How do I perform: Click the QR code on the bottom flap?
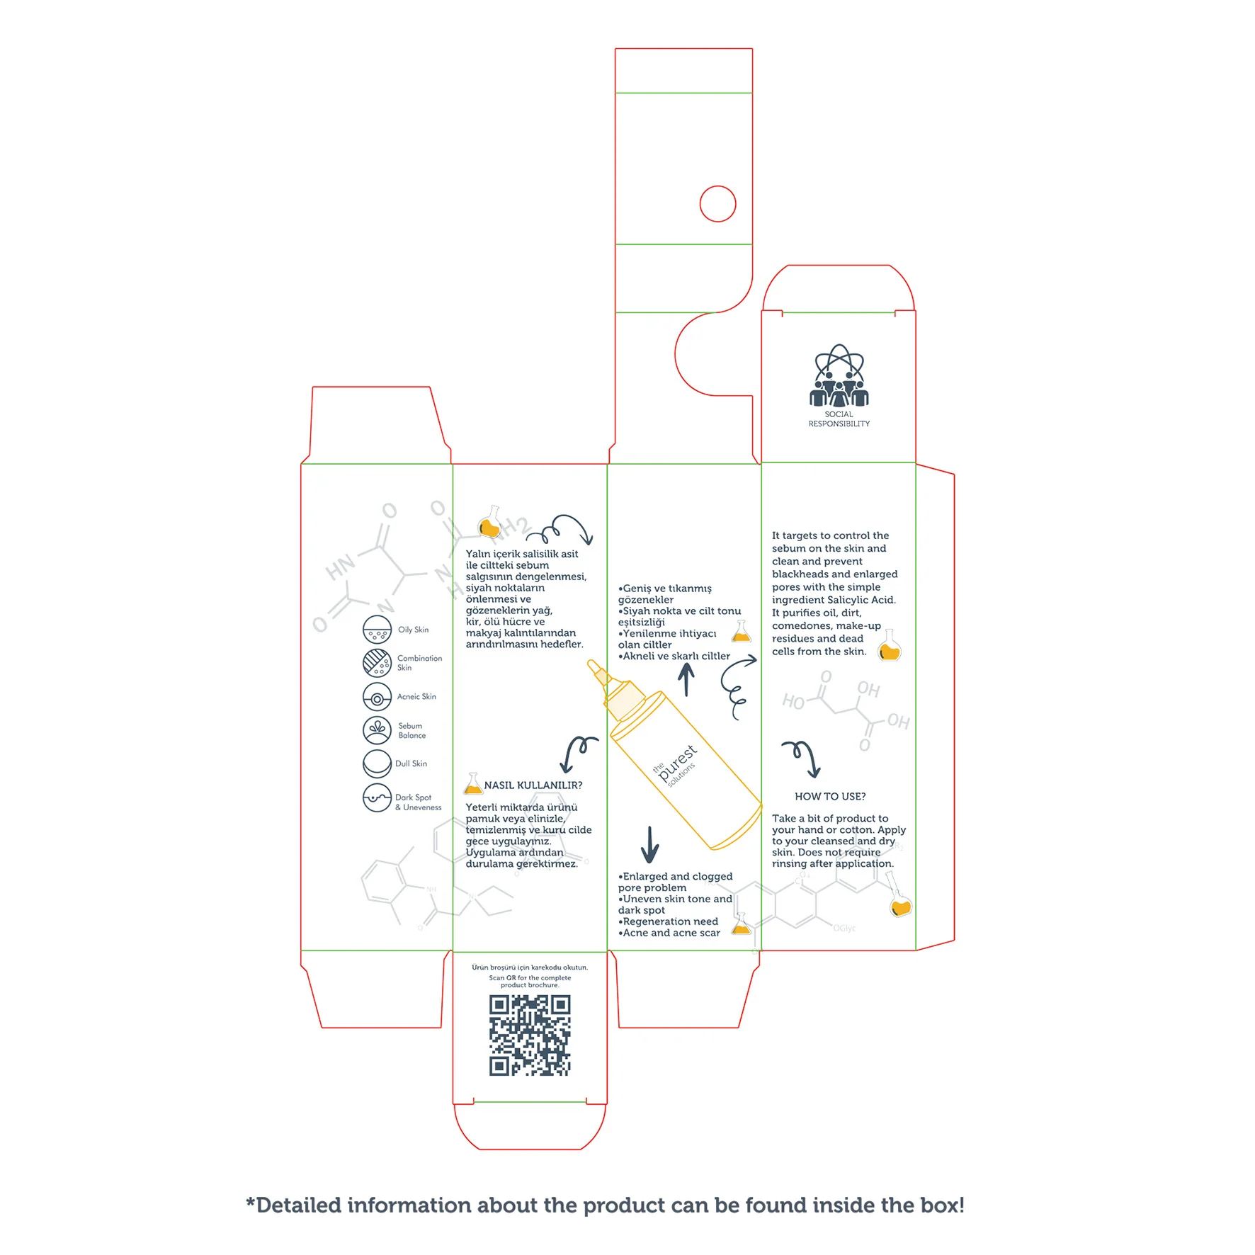click(529, 1035)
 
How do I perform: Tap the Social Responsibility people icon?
click(839, 377)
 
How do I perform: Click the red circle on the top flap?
click(717, 204)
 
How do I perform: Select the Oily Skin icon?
click(377, 629)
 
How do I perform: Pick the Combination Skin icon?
click(377, 662)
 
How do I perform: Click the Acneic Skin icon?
click(377, 697)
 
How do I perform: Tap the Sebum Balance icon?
click(377, 729)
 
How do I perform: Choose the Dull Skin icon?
click(377, 763)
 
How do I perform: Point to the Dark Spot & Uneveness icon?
click(377, 797)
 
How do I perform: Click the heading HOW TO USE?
click(830, 796)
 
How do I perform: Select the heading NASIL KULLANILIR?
click(533, 785)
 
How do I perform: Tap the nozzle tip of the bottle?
click(591, 664)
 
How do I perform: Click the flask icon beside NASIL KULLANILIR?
click(472, 784)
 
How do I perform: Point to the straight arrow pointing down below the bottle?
click(649, 844)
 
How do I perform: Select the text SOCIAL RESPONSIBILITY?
click(839, 419)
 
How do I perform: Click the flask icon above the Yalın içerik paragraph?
click(489, 524)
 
